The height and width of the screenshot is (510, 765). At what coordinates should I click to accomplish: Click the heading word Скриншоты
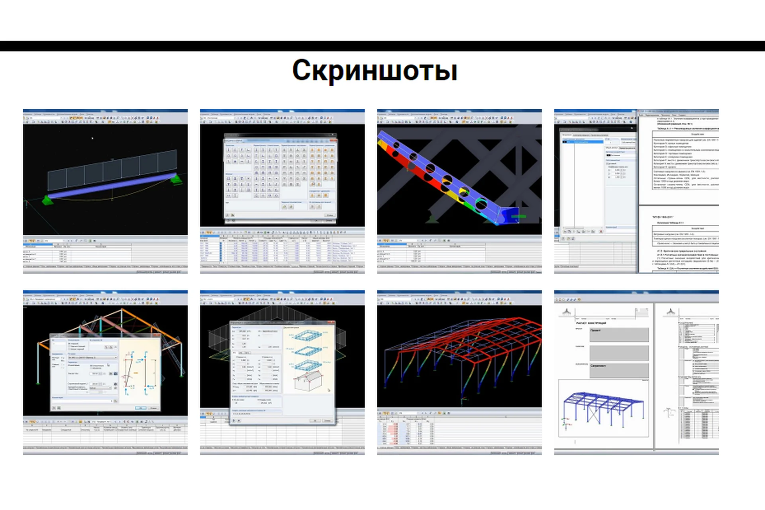[x=375, y=71]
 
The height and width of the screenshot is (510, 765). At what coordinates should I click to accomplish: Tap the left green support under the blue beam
[x=48, y=200]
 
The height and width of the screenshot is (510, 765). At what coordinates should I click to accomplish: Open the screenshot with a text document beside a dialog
[x=636, y=191]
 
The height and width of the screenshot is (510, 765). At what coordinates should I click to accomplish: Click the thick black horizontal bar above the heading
[x=382, y=46]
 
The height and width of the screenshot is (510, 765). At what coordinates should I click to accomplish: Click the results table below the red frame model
[x=406, y=432]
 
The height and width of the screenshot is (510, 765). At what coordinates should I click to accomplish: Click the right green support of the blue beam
[x=176, y=180]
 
